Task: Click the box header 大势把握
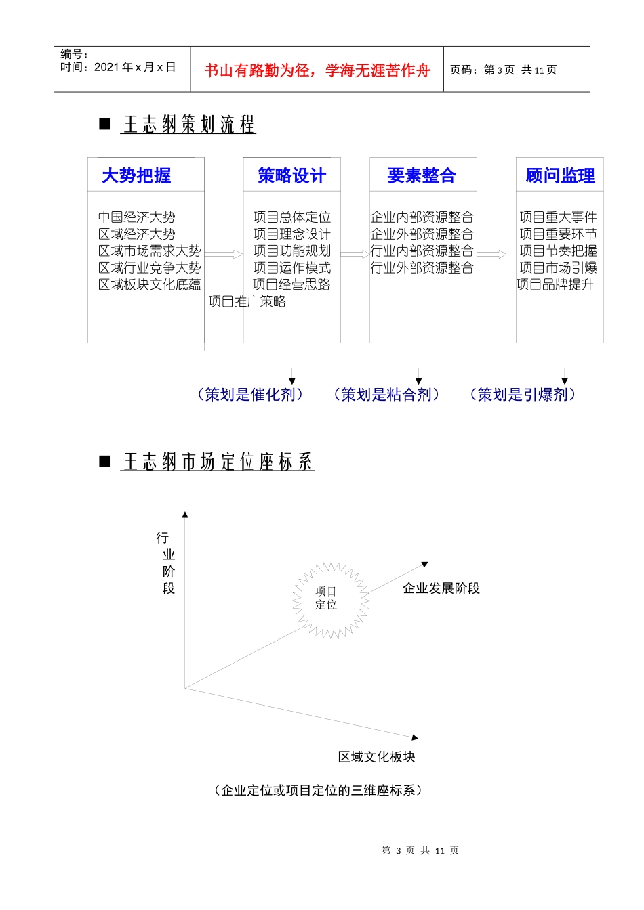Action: point(136,176)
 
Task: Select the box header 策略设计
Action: point(291,176)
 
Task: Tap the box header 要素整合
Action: point(421,176)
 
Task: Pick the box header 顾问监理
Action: point(560,176)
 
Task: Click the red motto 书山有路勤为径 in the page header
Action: point(317,70)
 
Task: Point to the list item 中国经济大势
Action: point(136,217)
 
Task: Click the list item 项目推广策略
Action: point(247,302)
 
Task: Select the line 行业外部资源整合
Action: point(422,268)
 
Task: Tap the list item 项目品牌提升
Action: point(555,285)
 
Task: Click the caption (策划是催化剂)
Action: point(250,395)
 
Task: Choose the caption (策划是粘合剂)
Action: point(386,395)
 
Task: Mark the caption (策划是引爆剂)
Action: point(523,395)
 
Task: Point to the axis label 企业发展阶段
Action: point(441,588)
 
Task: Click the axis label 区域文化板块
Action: point(376,757)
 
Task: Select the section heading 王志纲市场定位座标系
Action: point(218,462)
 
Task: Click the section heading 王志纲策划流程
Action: point(188,125)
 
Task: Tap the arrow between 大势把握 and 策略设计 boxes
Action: point(224,255)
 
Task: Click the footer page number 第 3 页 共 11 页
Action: point(420,850)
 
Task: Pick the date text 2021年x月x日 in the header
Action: point(135,67)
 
